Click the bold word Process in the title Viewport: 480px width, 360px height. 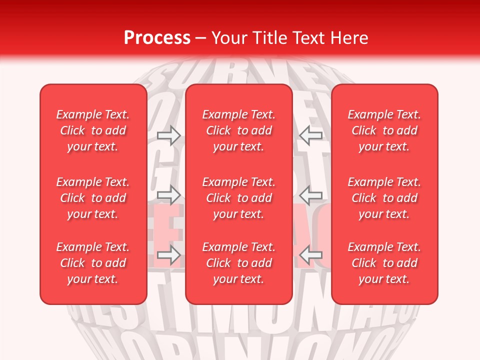[x=157, y=38]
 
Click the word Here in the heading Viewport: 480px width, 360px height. [x=350, y=38]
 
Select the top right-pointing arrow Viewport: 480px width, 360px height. [x=169, y=135]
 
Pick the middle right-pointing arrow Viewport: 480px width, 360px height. [x=169, y=194]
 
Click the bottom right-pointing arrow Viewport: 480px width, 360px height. [x=169, y=255]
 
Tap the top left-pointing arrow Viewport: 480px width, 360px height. [x=310, y=134]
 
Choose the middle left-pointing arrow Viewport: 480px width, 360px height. [x=310, y=195]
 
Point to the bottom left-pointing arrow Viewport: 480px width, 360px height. [x=310, y=255]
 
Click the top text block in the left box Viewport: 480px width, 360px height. [x=93, y=130]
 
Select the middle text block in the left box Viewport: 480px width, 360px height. [x=93, y=198]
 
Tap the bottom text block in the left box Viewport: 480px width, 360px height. [x=93, y=263]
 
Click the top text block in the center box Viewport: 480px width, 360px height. [x=238, y=130]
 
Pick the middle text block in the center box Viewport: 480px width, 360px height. [x=238, y=198]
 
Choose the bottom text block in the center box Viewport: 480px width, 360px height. [x=238, y=263]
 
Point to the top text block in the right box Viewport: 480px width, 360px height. [x=384, y=130]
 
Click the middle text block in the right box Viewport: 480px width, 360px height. [x=384, y=198]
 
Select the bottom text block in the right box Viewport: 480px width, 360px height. [x=384, y=263]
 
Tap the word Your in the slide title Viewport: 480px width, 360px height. [x=227, y=38]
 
